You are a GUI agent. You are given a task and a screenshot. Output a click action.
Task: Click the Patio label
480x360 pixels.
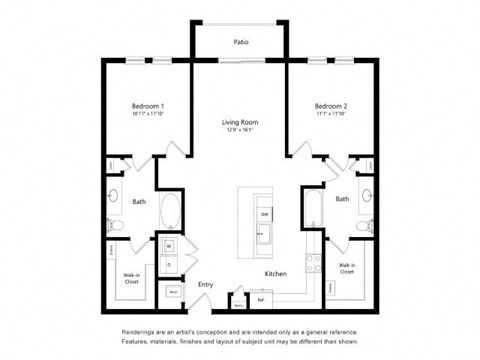241,42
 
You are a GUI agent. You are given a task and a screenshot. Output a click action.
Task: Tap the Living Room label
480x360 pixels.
239,122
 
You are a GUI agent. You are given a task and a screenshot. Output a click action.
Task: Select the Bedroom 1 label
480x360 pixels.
148,106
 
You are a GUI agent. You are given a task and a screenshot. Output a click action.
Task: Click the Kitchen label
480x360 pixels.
276,273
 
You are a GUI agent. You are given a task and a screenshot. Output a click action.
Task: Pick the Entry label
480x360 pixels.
205,285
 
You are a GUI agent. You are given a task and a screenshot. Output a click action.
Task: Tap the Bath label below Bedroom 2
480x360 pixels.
342,199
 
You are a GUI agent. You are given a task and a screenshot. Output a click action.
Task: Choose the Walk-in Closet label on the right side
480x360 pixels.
347,268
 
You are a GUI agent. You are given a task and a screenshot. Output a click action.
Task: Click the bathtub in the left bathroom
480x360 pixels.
169,212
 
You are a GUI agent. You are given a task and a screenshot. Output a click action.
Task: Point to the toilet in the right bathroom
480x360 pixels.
365,225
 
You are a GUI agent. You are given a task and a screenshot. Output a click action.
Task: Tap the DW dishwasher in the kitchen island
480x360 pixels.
265,214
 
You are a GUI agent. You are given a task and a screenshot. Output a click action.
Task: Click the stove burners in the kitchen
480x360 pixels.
312,263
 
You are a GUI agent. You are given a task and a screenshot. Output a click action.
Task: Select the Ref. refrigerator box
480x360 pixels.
261,298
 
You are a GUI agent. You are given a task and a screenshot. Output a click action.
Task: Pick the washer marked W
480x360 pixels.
168,245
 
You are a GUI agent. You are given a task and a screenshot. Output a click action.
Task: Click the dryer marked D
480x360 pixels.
168,264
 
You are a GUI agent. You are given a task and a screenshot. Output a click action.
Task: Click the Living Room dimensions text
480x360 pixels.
239,130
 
